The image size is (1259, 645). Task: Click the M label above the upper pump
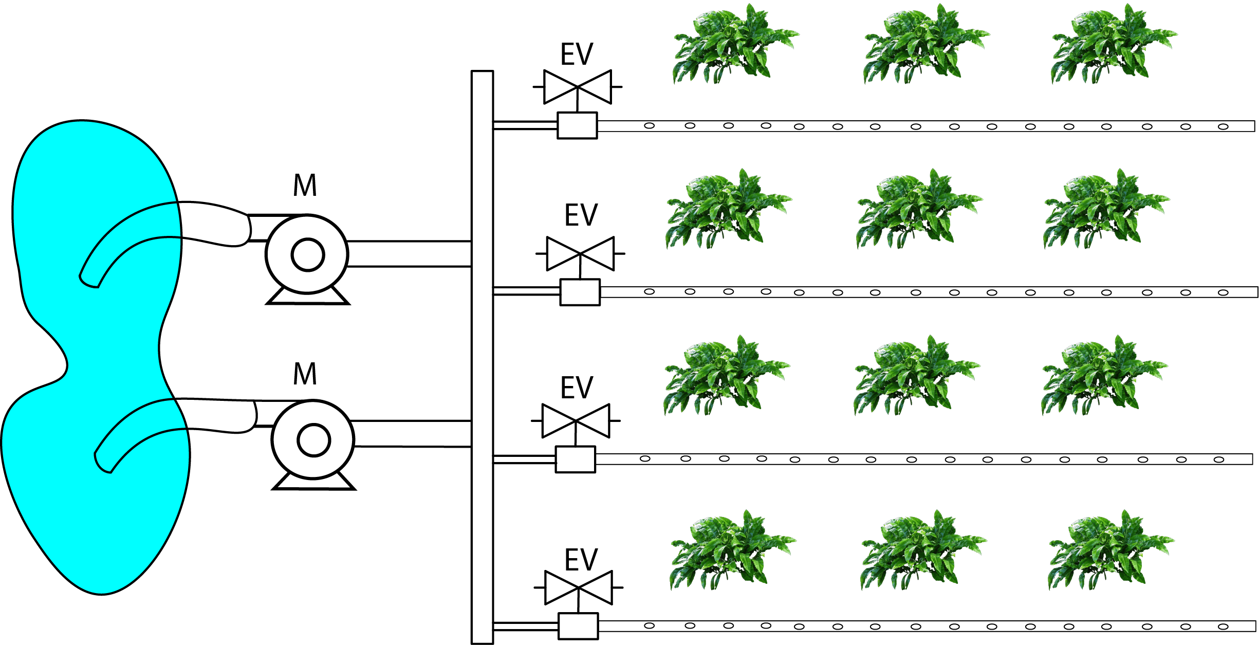(x=305, y=186)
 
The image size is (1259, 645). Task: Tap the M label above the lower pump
(x=305, y=374)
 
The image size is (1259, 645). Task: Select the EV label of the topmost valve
(x=577, y=54)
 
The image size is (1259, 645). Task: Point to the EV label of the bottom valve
(x=581, y=560)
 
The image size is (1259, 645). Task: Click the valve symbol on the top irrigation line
(x=578, y=87)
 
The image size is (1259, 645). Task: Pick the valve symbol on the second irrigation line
(x=580, y=253)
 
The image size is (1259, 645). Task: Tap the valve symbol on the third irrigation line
(x=576, y=420)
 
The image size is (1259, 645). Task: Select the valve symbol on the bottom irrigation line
(x=579, y=587)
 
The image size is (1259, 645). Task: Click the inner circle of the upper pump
(x=308, y=255)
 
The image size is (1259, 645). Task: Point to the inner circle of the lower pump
(x=313, y=440)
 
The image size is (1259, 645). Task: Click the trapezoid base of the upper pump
(x=308, y=297)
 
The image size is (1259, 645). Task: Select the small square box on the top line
(x=578, y=125)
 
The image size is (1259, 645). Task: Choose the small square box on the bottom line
(x=578, y=626)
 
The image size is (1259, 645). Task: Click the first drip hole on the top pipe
(x=650, y=125)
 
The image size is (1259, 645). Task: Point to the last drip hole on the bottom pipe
(x=1223, y=626)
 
